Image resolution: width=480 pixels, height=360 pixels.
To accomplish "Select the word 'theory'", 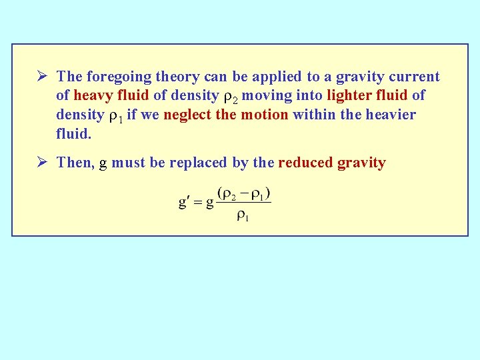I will coord(169,77).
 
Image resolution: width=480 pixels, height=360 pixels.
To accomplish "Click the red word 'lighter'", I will coord(349,96).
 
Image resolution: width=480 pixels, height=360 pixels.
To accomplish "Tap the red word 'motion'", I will coord(265,115).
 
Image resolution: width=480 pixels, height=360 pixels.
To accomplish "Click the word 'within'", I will coord(314,115).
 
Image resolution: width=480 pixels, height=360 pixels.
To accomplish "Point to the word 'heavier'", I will coord(389,115).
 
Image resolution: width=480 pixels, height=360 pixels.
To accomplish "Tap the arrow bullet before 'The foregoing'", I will coord(44,77).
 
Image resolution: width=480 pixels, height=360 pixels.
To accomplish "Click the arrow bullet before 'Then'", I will coord(44,163).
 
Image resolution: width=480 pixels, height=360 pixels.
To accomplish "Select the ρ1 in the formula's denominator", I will coord(243,217).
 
